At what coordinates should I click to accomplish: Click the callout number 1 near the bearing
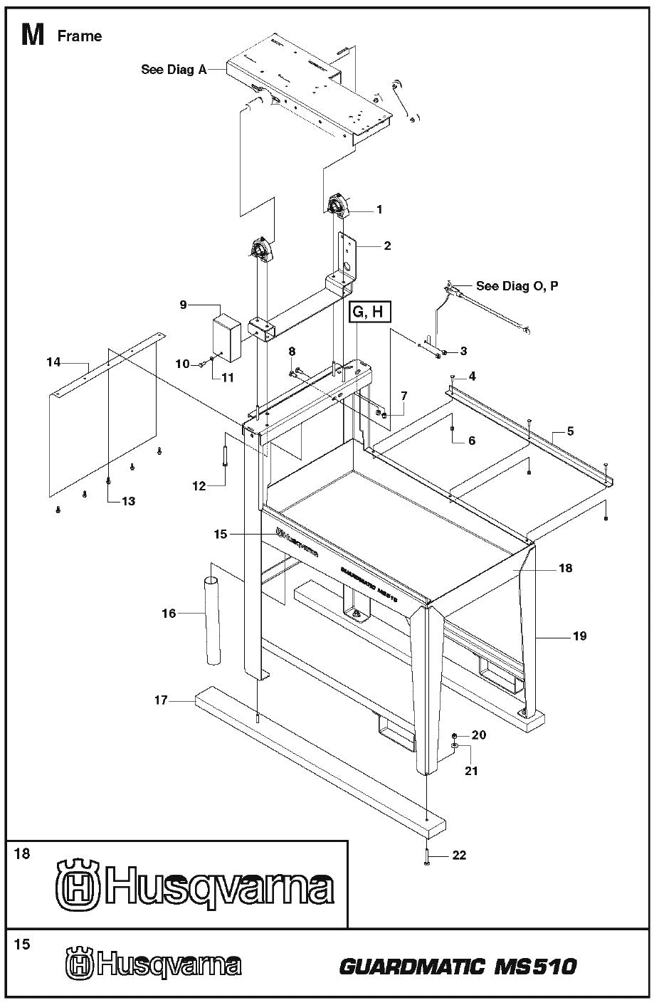[379, 209]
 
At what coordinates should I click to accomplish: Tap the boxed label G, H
[369, 312]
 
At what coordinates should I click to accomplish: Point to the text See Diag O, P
[517, 286]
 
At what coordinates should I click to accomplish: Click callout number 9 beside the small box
[183, 305]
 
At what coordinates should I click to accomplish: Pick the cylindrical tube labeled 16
[213, 621]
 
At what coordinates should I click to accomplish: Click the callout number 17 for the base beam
[161, 700]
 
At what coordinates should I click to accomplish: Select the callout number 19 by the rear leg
[579, 636]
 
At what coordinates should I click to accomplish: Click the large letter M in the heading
[33, 35]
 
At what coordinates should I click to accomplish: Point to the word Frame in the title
[79, 36]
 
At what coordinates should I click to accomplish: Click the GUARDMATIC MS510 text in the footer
[458, 967]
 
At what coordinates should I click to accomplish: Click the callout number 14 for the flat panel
[53, 362]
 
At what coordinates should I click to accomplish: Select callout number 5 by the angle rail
[570, 431]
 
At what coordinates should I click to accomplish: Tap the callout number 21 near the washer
[472, 770]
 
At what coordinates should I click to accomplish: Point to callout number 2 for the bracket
[386, 246]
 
